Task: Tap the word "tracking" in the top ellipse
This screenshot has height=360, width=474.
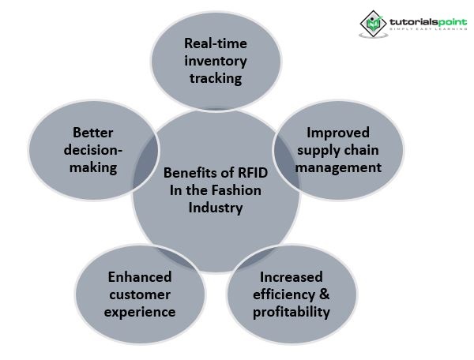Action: pos(216,79)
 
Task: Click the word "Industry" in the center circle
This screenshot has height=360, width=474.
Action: pos(215,209)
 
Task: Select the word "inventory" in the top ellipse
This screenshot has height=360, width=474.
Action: pos(216,61)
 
